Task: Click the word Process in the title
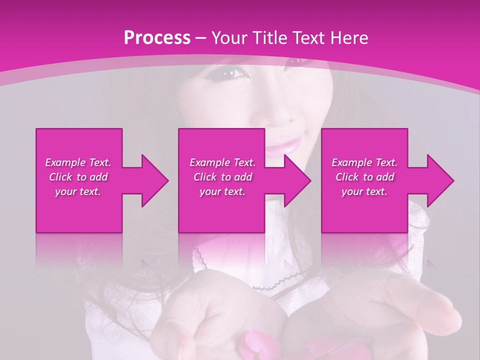157,38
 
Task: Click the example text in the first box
78,177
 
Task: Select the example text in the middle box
222,177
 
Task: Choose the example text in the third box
364,177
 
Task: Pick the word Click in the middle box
204,177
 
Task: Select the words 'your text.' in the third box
364,191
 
